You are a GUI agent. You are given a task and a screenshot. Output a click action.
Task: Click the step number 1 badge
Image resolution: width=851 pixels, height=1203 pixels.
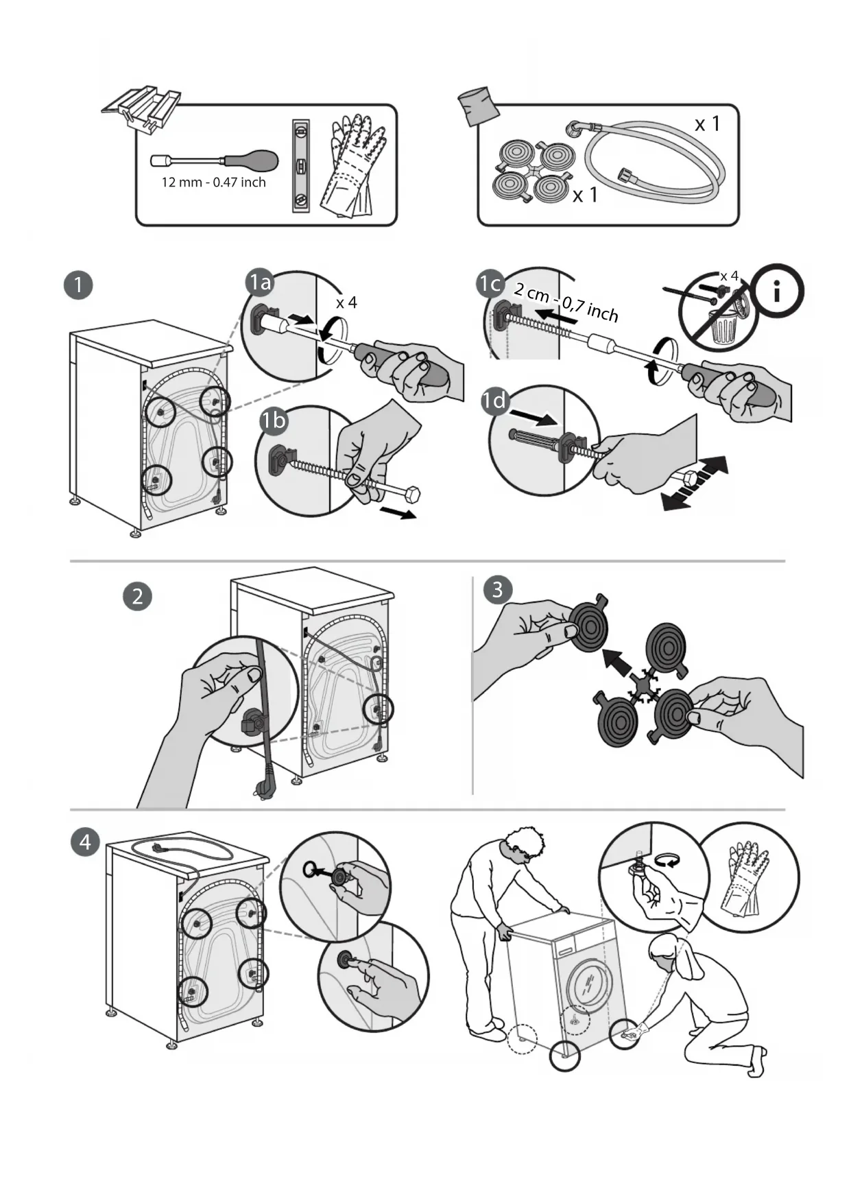coord(78,285)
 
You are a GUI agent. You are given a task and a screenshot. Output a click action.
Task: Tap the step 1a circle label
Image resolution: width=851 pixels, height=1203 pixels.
coord(261,283)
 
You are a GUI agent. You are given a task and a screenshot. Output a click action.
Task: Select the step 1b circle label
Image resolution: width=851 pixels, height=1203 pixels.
coord(274,420)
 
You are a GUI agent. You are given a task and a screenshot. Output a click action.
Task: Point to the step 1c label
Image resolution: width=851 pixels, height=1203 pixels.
coord(491,283)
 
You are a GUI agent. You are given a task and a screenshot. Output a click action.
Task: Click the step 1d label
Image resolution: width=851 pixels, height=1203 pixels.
coord(494,400)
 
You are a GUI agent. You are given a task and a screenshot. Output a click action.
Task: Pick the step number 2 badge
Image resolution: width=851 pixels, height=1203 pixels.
coord(137,596)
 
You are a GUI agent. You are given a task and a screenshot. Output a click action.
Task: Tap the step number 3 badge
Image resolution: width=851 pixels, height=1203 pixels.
coord(498,589)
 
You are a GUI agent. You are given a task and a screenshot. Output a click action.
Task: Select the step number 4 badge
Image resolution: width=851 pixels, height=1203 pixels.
coord(85,842)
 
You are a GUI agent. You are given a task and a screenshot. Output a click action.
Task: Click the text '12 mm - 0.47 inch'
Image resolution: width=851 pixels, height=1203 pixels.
coord(213,182)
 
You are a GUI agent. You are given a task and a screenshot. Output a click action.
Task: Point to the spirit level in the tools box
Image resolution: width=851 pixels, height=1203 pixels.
coord(301,166)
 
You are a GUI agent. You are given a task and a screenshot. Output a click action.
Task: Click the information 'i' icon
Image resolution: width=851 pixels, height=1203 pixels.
coord(778,291)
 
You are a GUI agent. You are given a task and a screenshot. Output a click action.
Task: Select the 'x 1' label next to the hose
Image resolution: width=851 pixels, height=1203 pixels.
coord(707,124)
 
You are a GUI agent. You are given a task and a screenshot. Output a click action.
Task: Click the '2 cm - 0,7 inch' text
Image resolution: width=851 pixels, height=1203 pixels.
coord(566,302)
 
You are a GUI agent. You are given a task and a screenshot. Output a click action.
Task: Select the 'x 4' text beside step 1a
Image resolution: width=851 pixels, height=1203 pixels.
coord(346,302)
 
